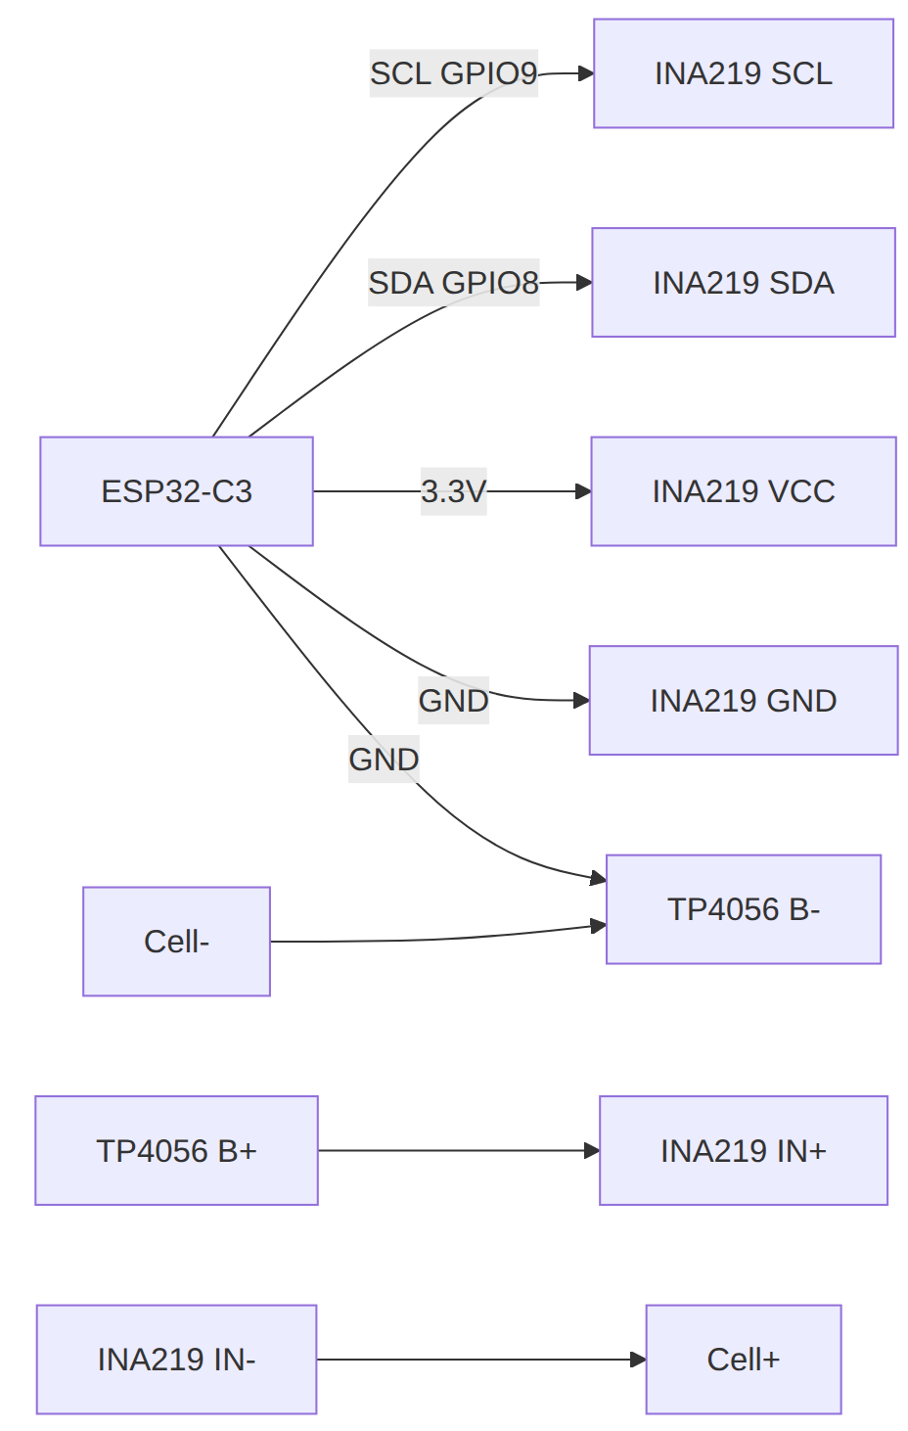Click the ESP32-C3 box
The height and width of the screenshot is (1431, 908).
[x=176, y=491]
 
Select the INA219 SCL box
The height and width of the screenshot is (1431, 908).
[x=744, y=73]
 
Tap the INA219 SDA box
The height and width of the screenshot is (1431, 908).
[x=744, y=283]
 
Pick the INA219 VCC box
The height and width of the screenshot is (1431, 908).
[x=744, y=491]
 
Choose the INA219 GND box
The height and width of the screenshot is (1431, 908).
[x=744, y=701]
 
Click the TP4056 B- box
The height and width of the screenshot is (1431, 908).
[x=744, y=909]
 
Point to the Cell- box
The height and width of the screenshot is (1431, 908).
[x=176, y=942]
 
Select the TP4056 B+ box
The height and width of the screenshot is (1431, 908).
[x=176, y=1150]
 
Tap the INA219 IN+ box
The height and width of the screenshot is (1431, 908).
[x=744, y=1150]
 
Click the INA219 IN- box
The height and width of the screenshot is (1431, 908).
[x=176, y=1360]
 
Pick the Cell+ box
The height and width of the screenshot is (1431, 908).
[x=744, y=1360]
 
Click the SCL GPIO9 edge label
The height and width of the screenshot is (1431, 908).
[x=453, y=73]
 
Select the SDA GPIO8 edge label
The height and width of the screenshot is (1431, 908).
[x=453, y=283]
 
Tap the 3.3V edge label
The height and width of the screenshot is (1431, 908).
[x=453, y=491]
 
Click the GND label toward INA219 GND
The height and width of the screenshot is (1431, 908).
[x=453, y=701]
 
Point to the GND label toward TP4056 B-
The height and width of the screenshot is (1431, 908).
[x=384, y=760]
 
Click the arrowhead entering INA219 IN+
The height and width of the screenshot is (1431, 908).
[x=592, y=1150]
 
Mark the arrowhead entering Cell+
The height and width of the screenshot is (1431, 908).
[x=638, y=1360]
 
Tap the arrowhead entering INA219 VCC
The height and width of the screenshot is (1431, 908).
[x=583, y=491]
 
